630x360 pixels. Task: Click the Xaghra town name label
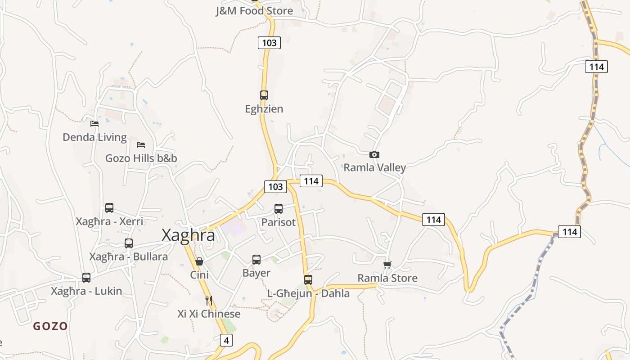click(188, 235)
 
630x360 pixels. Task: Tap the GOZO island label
click(50, 326)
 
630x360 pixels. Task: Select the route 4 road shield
click(226, 340)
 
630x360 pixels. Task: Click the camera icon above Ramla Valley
click(374, 155)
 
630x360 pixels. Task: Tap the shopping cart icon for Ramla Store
click(387, 265)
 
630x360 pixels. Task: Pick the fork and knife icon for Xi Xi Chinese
click(208, 300)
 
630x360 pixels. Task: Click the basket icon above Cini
click(199, 261)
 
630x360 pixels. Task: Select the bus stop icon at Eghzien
click(264, 95)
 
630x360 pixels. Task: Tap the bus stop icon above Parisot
click(279, 209)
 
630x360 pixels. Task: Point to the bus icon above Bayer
click(256, 260)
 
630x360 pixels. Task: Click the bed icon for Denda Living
click(94, 124)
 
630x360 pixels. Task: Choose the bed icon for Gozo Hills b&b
click(141, 145)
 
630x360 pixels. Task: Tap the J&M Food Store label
click(254, 11)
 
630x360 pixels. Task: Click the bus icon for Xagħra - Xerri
click(109, 208)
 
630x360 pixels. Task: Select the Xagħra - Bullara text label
click(128, 256)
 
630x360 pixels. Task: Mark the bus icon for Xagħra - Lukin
click(86, 278)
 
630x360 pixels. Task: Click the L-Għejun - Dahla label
click(308, 293)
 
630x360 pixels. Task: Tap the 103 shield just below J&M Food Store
click(269, 43)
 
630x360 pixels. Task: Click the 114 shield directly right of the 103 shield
click(311, 181)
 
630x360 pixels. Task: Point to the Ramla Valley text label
click(374, 168)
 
